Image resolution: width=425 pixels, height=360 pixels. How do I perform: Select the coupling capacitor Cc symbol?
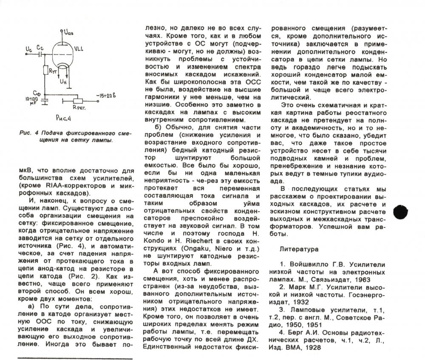tap(40, 55)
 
